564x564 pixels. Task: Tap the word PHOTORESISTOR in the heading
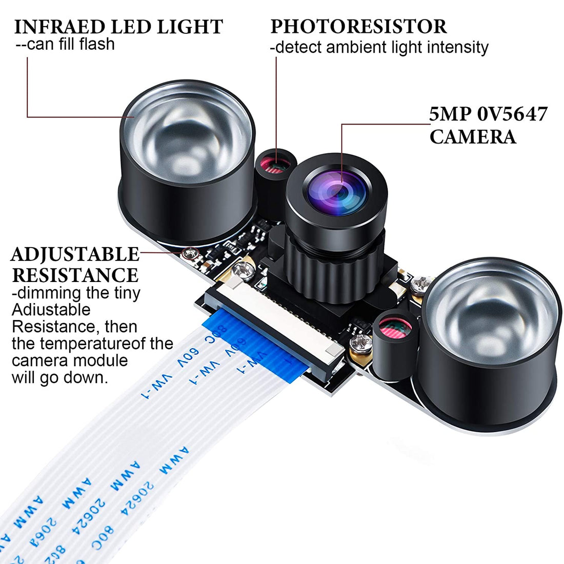[x=358, y=27]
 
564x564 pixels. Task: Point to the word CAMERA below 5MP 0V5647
[x=473, y=137]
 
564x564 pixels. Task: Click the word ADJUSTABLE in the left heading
[x=75, y=254]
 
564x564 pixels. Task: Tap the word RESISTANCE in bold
[x=75, y=275]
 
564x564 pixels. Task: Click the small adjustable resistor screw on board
[x=191, y=252]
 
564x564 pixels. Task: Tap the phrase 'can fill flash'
[x=71, y=44]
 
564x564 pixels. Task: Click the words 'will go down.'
[x=60, y=378]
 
